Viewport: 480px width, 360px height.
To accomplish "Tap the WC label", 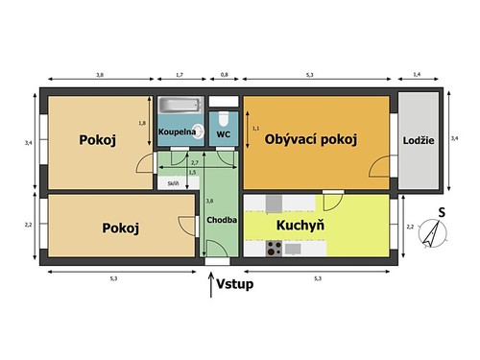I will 223,134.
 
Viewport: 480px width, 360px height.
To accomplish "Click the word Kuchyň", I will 299,227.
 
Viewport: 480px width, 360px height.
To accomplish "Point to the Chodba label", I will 222,220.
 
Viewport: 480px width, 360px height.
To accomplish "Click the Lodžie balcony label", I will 419,140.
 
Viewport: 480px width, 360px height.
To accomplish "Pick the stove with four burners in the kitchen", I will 273,248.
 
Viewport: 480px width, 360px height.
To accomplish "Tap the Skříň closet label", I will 173,182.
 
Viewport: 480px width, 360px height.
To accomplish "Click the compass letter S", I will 441,212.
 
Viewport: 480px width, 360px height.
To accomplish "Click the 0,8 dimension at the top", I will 225,73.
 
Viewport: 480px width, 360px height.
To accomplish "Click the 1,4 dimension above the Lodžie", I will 416,73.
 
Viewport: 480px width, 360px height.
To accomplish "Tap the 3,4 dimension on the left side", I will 28,142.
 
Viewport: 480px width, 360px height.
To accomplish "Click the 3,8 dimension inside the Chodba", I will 210,201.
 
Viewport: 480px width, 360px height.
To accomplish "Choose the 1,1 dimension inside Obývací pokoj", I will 255,128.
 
